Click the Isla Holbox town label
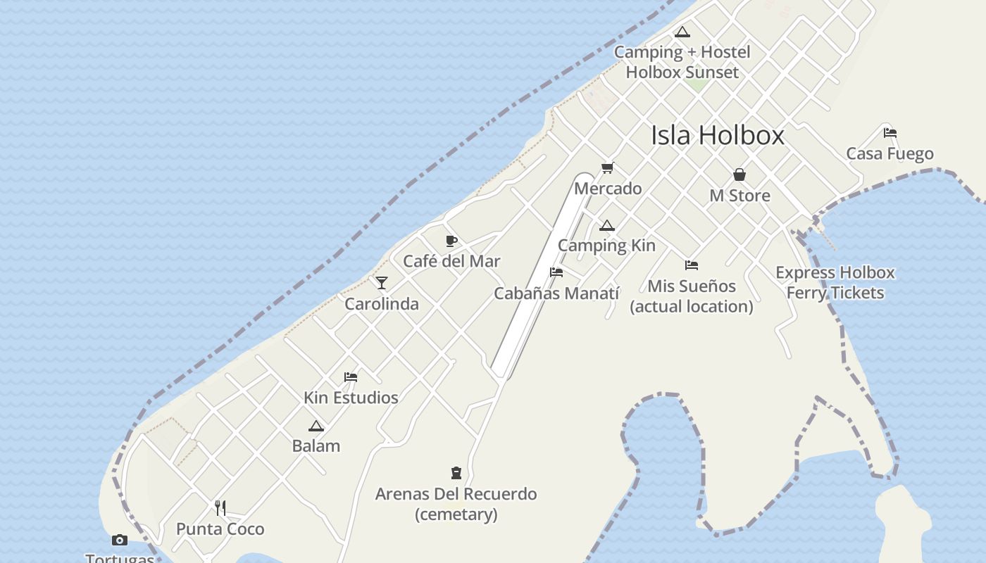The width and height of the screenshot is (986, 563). point(717,135)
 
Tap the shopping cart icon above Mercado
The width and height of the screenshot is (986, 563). point(608,168)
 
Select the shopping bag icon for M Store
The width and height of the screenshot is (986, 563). point(739,175)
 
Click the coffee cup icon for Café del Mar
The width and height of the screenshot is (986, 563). point(451,241)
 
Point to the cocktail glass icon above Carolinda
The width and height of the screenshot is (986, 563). point(382,283)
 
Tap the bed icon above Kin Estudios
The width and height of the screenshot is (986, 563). point(351,377)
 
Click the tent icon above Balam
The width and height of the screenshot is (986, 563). point(316,426)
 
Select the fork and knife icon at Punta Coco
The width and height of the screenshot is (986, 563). point(220,508)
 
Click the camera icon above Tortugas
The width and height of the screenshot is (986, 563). point(120,540)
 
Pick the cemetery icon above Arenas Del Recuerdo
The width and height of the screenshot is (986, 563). point(456,473)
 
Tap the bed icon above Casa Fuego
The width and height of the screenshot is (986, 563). point(890,132)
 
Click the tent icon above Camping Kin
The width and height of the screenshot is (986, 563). point(607,226)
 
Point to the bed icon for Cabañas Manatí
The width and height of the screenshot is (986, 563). point(556,272)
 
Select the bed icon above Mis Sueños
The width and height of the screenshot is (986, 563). point(692,265)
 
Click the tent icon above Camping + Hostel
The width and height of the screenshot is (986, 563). point(682,32)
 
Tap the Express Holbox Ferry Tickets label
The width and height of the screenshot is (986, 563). point(835,282)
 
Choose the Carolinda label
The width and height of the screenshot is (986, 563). point(382,304)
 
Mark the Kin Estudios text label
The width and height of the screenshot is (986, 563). point(351,398)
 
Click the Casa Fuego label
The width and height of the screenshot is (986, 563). point(890,153)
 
